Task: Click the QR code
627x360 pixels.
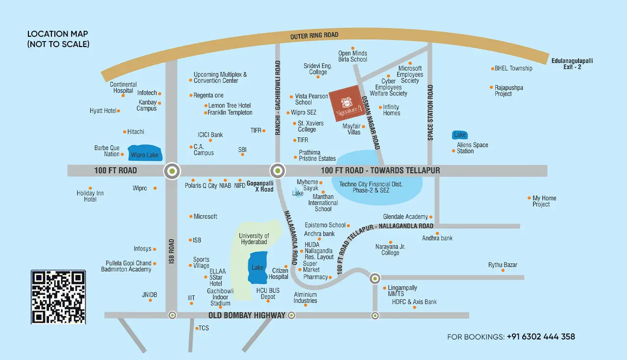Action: pyautogui.click(x=58, y=297)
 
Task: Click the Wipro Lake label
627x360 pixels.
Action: pyautogui.click(x=145, y=155)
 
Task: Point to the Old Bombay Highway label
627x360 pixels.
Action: pyautogui.click(x=247, y=315)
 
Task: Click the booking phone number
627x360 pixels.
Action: pyautogui.click(x=541, y=337)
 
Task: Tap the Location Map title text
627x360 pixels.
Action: pyautogui.click(x=58, y=39)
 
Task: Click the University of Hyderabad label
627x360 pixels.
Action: pyautogui.click(x=254, y=239)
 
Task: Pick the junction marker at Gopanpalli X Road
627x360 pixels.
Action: pyautogui.click(x=278, y=170)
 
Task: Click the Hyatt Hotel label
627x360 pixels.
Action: pyautogui.click(x=103, y=111)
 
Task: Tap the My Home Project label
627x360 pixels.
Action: pyautogui.click(x=544, y=201)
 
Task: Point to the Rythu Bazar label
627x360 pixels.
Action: pyautogui.click(x=503, y=265)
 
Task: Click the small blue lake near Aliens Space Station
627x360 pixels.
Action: pyautogui.click(x=460, y=135)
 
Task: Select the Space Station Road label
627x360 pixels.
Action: pyautogui.click(x=431, y=113)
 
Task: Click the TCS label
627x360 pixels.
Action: pyautogui.click(x=204, y=328)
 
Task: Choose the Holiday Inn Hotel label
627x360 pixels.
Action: pyautogui.click(x=90, y=196)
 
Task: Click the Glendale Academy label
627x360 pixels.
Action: pyautogui.click(x=405, y=217)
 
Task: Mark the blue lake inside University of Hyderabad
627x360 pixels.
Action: pyautogui.click(x=258, y=267)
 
